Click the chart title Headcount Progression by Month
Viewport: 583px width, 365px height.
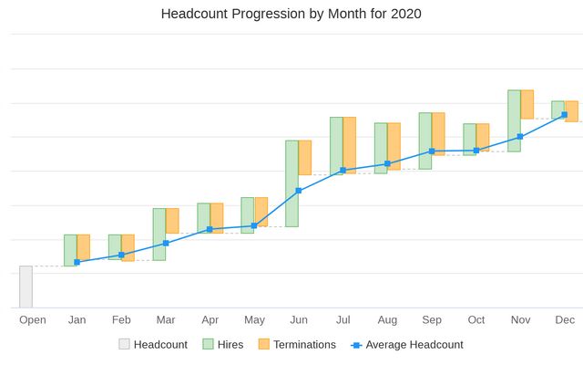tap(291, 14)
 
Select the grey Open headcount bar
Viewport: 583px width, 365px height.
tap(26, 287)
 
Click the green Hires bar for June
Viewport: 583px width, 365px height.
tap(291, 183)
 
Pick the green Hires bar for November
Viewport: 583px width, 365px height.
tap(514, 120)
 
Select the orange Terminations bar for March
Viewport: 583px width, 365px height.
tap(172, 221)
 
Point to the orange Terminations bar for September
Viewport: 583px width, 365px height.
tap(438, 134)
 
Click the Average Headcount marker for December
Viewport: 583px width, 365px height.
tap(565, 115)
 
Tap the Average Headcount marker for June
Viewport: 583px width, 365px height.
tap(299, 191)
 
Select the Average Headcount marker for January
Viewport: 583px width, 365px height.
tap(77, 262)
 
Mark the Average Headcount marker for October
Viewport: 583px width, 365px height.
tap(476, 151)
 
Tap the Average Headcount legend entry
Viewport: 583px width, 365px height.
tap(407, 345)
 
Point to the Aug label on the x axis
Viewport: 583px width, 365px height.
tap(387, 319)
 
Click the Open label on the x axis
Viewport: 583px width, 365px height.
tap(33, 319)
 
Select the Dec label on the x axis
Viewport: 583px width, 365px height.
tap(565, 319)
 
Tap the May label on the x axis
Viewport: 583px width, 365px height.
tap(254, 319)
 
